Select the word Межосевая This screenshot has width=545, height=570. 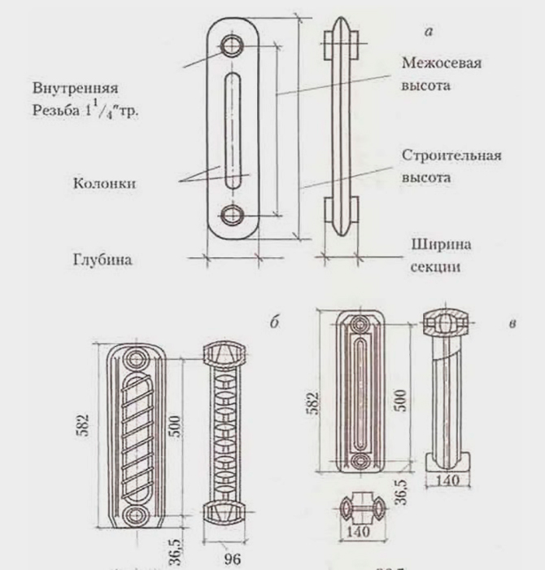[440, 64]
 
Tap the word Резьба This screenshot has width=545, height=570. [47, 112]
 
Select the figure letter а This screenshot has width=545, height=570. [428, 32]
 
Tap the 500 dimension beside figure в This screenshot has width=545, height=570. [399, 400]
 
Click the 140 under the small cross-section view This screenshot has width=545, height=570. [357, 531]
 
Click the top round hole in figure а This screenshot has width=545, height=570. [233, 46]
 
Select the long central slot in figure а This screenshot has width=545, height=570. [233, 130]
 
